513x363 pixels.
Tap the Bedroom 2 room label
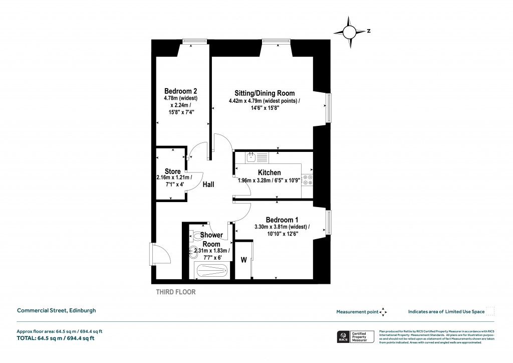coord(180,91)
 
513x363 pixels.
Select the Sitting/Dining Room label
coord(265,93)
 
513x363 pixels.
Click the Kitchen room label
coord(269,173)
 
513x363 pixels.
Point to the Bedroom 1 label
coord(282,220)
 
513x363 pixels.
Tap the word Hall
coord(208,185)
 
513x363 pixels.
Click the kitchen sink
coord(252,157)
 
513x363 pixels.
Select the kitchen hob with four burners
coord(308,180)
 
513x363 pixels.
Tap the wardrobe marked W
coord(244,260)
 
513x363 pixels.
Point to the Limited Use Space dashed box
coord(490,311)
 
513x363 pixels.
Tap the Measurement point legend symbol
coord(383,312)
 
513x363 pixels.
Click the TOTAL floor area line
coord(56,338)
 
